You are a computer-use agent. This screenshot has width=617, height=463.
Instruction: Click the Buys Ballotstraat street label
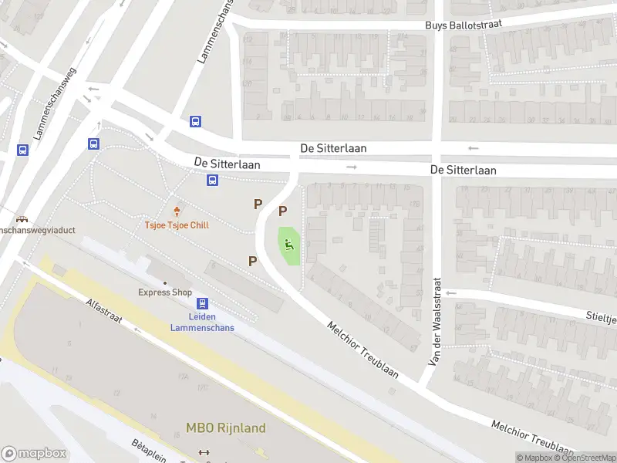tap(464, 25)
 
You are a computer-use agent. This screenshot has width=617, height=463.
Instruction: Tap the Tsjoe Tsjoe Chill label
tap(177, 225)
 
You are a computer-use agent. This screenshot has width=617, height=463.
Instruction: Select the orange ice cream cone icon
tap(177, 211)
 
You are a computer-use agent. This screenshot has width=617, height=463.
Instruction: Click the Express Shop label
tap(165, 292)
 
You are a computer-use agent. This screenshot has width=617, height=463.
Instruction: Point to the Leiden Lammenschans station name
tap(202, 322)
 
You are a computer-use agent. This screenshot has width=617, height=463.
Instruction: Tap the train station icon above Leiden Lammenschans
tap(202, 304)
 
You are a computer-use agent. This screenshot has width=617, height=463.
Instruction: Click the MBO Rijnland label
tap(226, 428)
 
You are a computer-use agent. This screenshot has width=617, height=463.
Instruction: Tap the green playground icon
tap(288, 245)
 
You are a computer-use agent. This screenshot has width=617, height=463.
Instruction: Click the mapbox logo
tap(34, 454)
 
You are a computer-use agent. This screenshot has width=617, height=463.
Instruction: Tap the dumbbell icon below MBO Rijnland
tap(204, 453)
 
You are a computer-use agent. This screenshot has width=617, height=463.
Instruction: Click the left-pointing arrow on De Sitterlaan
tap(474, 148)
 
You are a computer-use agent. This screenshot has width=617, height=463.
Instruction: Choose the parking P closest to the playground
tap(283, 211)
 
